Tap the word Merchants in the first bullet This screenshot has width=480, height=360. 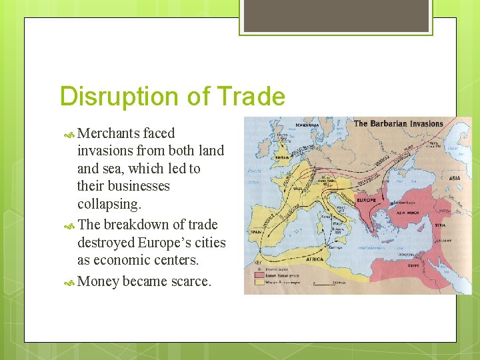(x=108, y=133)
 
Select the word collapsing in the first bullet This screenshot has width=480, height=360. (x=109, y=203)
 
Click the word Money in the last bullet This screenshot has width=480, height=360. (x=97, y=281)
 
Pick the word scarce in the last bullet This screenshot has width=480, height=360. (x=190, y=281)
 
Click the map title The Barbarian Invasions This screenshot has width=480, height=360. (x=398, y=123)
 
